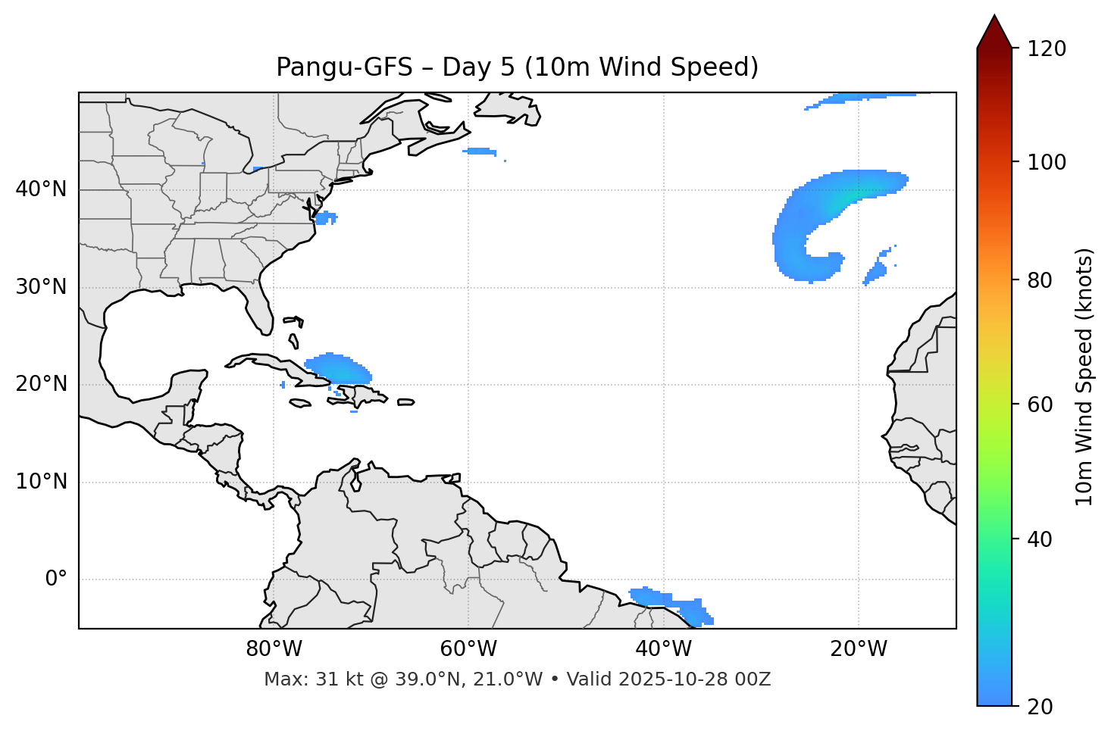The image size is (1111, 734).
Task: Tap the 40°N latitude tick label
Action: [x=41, y=189]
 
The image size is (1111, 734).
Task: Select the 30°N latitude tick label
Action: [x=41, y=287]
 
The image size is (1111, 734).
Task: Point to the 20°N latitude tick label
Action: [x=41, y=384]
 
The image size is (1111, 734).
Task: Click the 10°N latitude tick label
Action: [x=41, y=482]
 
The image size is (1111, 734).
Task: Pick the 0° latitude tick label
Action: [x=56, y=579]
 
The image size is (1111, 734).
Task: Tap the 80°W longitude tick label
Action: [x=274, y=649]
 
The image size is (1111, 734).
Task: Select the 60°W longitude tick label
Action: [x=468, y=649]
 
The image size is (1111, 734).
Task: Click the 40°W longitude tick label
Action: [x=663, y=649]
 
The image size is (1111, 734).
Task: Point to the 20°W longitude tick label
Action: [x=858, y=649]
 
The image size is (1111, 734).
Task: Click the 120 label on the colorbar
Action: [x=1047, y=49]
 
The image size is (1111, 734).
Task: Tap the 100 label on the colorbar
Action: [x=1047, y=162]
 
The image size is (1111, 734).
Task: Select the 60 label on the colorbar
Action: [x=1041, y=404]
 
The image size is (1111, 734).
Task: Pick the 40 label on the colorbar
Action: [x=1041, y=539]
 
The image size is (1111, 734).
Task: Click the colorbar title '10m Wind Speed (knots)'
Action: [x=1084, y=377]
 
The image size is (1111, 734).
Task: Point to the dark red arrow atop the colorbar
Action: [x=994, y=33]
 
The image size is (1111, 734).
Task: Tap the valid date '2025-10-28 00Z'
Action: [x=694, y=679]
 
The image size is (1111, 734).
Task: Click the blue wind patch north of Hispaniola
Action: [x=339, y=368]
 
